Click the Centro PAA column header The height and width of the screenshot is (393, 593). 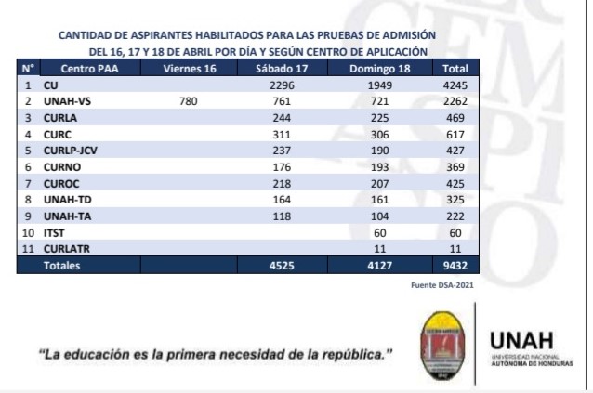coord(88,69)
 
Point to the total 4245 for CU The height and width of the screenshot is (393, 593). coord(455,85)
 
